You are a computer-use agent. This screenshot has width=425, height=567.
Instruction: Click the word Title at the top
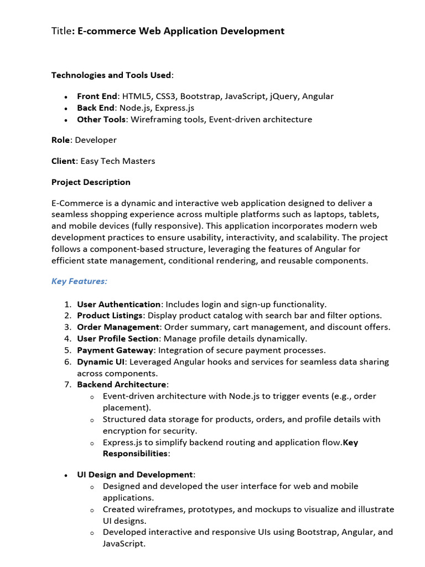61,31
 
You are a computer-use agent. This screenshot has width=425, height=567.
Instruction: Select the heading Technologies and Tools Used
111,75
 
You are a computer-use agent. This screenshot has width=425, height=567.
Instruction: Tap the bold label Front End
97,96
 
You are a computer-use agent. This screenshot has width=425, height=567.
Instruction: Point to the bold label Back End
96,108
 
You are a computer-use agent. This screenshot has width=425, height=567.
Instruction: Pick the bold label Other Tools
101,120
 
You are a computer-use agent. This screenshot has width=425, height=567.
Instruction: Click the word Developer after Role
96,140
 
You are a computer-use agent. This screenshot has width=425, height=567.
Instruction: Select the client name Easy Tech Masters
118,161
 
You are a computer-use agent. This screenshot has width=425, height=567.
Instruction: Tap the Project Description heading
91,182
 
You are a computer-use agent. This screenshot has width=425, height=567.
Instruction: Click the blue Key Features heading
79,281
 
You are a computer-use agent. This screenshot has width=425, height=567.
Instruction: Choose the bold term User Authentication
118,304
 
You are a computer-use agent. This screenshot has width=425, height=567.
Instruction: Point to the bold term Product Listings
110,316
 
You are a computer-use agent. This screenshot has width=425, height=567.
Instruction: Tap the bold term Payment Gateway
115,350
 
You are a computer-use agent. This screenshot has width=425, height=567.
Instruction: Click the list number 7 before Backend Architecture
67,384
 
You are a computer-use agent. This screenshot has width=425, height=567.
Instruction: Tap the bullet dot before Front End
65,97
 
